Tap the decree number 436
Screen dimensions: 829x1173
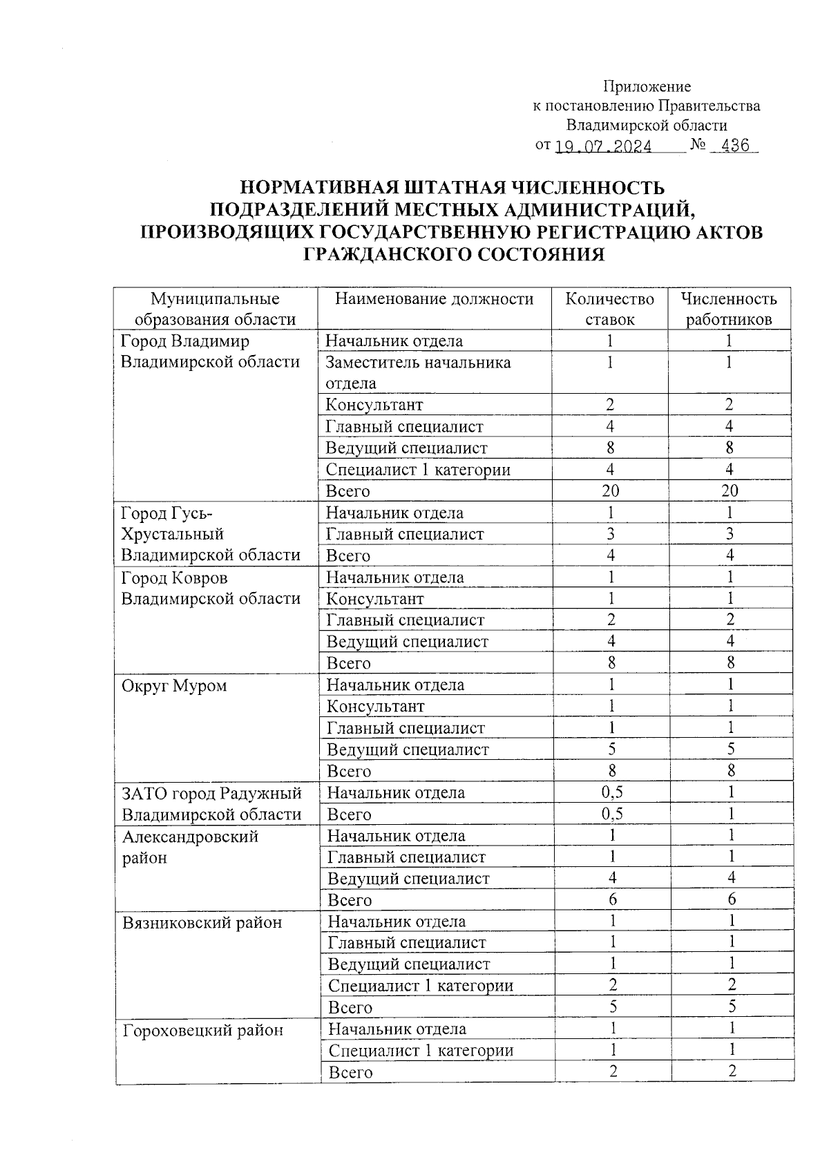point(734,146)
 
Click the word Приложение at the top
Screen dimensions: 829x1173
point(647,86)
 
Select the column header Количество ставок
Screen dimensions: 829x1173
point(609,309)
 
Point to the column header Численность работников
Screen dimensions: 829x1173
point(728,309)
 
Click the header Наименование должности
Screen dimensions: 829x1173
point(434,298)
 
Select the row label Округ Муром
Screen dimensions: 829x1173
point(174,686)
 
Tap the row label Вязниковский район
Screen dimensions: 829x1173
point(202,922)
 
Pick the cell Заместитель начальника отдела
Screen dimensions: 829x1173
point(418,372)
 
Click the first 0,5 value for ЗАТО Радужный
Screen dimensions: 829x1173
point(611,792)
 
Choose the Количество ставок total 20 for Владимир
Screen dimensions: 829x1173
point(610,491)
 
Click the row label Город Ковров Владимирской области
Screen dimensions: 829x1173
point(210,588)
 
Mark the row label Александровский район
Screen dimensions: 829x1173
point(190,847)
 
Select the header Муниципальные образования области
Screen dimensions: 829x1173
point(215,309)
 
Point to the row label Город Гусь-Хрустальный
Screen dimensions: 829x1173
point(210,534)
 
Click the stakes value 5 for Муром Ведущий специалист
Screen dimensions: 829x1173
point(611,750)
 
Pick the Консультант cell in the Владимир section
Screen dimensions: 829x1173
point(374,405)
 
